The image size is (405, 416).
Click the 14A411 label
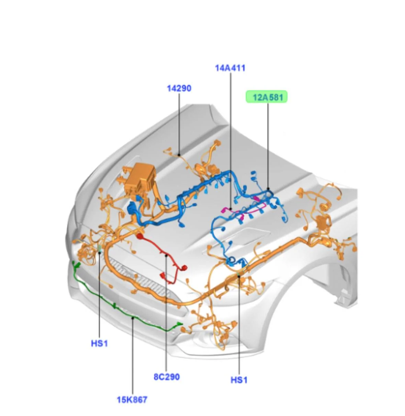point(230,68)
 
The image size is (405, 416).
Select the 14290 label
point(179,88)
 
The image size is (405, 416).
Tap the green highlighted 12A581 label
point(267,97)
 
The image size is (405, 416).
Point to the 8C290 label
point(167,377)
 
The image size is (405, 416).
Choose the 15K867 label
point(132,400)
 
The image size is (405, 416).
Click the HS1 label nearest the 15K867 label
point(100,344)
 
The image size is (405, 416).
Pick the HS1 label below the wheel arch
point(239,380)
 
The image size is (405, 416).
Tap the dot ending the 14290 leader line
point(179,155)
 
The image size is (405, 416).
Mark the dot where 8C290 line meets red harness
point(166,255)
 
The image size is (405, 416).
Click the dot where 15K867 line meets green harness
point(133,318)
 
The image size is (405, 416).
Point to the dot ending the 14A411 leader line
point(230,209)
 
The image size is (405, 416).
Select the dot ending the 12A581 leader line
point(268,189)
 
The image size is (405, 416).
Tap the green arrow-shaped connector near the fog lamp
point(179,324)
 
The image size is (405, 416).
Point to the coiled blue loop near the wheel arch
point(231,261)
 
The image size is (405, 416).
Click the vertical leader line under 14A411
point(230,141)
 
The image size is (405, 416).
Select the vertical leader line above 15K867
point(133,356)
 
